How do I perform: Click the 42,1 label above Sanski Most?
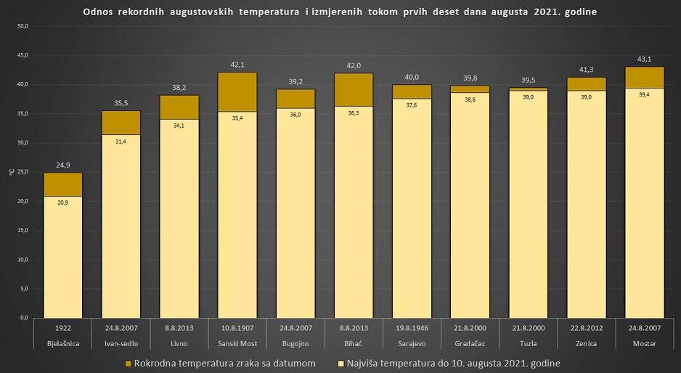click(x=237, y=65)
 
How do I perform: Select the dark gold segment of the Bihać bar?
click(x=354, y=89)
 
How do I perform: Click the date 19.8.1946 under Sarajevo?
click(x=412, y=327)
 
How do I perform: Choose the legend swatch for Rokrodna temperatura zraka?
click(x=129, y=363)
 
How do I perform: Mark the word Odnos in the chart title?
click(x=97, y=12)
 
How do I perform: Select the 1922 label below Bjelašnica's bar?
click(x=63, y=327)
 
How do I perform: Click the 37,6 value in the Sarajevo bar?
click(x=412, y=104)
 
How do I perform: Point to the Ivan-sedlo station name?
click(x=121, y=342)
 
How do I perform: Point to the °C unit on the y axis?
click(x=10, y=172)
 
